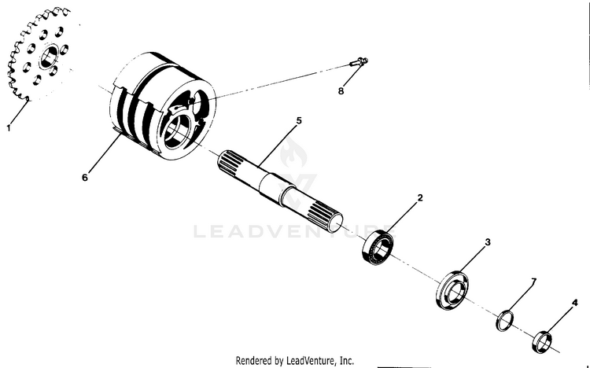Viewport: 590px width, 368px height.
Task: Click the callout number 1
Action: [9, 128]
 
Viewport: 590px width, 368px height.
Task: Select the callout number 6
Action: [85, 177]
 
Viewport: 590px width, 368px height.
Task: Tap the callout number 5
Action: [299, 120]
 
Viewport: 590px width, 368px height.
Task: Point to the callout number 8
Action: [341, 91]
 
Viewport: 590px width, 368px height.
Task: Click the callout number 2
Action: [420, 197]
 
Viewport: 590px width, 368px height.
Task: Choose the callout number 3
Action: [488, 242]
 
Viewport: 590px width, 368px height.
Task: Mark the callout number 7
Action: [533, 281]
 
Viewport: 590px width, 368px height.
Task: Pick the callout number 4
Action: [574, 303]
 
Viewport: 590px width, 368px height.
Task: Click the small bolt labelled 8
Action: [359, 61]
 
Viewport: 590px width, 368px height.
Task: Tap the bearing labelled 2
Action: [378, 246]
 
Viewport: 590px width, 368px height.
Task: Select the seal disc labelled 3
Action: [453, 290]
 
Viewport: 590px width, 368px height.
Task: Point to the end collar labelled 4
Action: [542, 341]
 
